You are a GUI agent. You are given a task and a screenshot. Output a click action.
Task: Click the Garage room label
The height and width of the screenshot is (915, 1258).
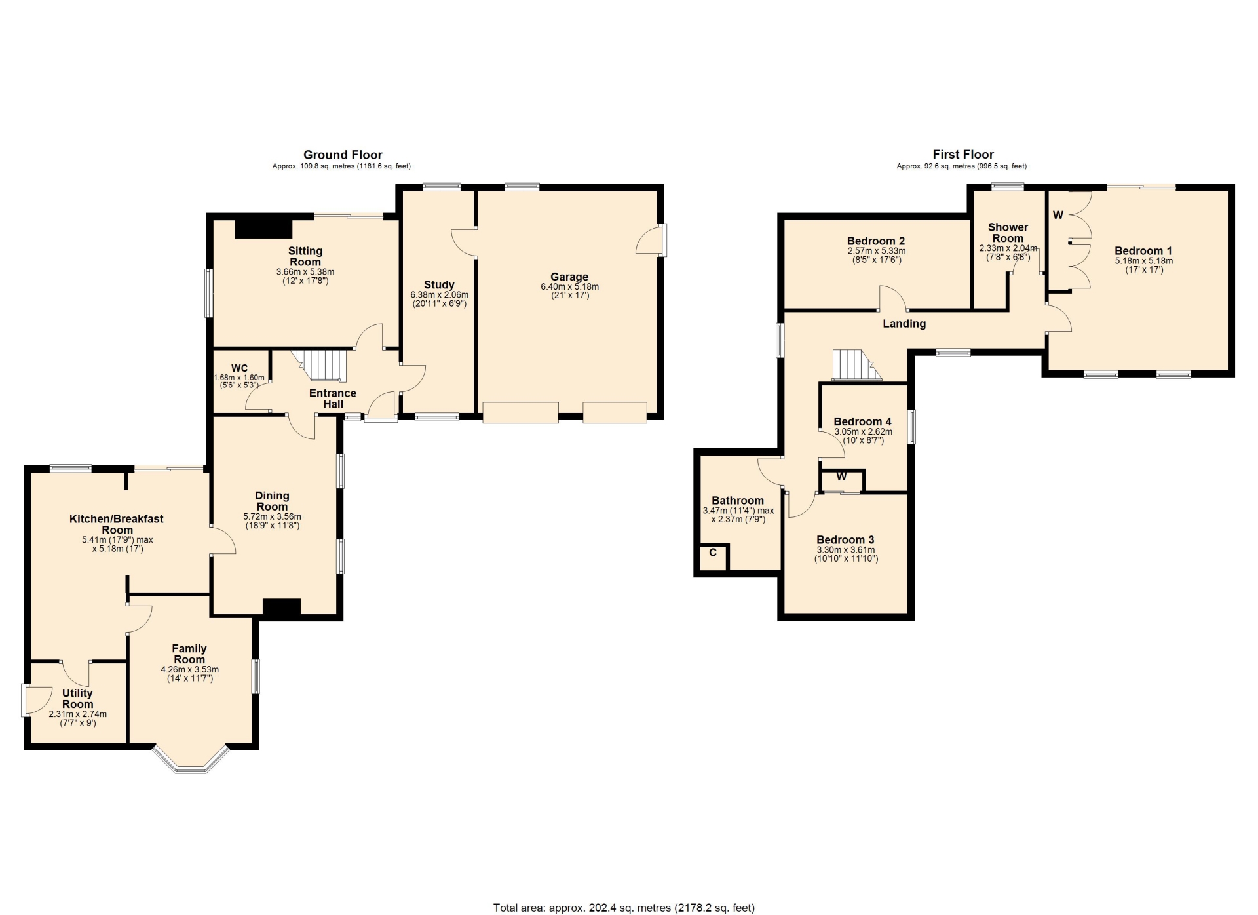(569, 277)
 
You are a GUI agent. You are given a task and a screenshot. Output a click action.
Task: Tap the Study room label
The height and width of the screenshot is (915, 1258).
(439, 285)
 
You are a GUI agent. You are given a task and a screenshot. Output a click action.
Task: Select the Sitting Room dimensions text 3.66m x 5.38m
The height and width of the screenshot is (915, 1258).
(305, 272)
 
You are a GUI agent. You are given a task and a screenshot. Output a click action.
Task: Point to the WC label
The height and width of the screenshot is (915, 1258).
(240, 368)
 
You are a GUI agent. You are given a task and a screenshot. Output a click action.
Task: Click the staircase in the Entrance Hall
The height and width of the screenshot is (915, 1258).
(322, 365)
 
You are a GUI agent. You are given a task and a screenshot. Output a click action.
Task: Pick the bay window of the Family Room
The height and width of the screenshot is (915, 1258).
(191, 760)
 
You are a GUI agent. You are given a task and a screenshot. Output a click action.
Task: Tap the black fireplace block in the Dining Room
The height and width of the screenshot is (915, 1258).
(282, 608)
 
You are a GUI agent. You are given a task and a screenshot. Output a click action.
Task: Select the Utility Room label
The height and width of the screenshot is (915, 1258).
(77, 699)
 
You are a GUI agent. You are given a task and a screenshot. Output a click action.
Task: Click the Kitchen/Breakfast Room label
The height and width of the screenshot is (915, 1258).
(117, 524)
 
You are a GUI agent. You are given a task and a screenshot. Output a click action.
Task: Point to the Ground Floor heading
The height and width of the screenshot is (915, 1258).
(343, 155)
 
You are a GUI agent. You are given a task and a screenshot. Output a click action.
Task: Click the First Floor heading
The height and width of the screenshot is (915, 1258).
(963, 155)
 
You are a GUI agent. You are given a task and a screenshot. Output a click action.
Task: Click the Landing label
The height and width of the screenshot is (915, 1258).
(904, 324)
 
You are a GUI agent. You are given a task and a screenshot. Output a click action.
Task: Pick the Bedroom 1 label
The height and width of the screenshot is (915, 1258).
(1143, 251)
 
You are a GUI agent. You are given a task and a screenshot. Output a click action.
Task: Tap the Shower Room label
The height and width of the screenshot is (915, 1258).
(1008, 233)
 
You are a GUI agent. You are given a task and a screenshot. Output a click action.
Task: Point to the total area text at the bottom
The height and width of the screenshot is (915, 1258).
(624, 908)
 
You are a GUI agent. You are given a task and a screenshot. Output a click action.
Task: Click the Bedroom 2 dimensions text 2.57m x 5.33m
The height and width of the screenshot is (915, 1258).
(876, 251)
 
